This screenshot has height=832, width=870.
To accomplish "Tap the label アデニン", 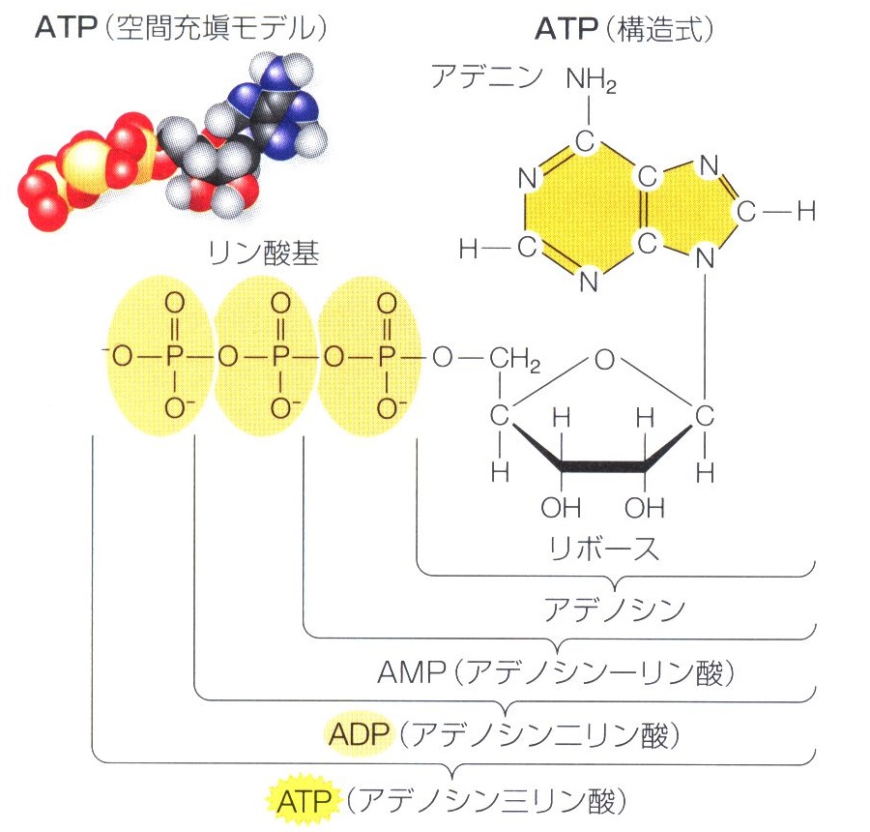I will click(x=488, y=77).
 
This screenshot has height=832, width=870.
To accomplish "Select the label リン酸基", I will click(x=263, y=253).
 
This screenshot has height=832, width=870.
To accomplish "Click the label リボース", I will click(x=603, y=549).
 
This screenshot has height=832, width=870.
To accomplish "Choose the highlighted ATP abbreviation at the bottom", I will click(x=304, y=800).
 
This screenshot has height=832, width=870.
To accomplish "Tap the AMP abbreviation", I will click(x=402, y=672).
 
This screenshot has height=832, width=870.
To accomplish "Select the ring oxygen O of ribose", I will click(x=605, y=361).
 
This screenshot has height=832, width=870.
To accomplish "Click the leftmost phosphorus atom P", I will click(x=174, y=359).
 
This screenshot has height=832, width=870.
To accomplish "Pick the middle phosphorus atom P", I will click(x=280, y=359).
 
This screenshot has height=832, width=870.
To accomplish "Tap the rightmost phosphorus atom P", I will click(x=387, y=359).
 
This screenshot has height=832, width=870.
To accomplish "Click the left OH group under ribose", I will click(x=562, y=507).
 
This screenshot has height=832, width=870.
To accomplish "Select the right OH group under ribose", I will click(x=645, y=507).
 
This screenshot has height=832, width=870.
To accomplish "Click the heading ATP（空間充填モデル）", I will click(x=180, y=30).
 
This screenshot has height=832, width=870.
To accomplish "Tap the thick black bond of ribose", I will click(x=604, y=466).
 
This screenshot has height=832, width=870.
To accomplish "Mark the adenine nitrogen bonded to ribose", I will click(x=707, y=259).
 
